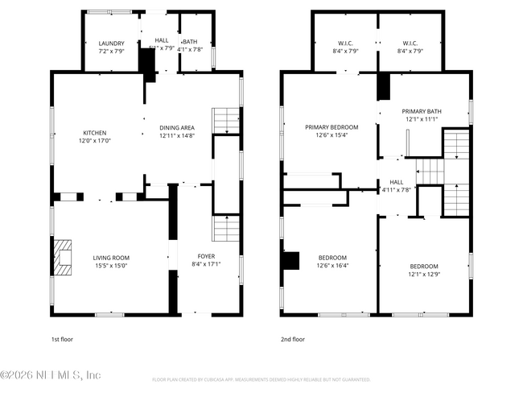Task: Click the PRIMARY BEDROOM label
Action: point(331,127)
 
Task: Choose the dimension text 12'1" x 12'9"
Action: point(423,274)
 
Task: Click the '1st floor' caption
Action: point(61,339)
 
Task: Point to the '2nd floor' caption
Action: point(293,339)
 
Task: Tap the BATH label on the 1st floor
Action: point(190,42)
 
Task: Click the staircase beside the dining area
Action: point(225,121)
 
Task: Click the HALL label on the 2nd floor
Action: point(396,182)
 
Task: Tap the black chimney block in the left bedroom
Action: point(290,259)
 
